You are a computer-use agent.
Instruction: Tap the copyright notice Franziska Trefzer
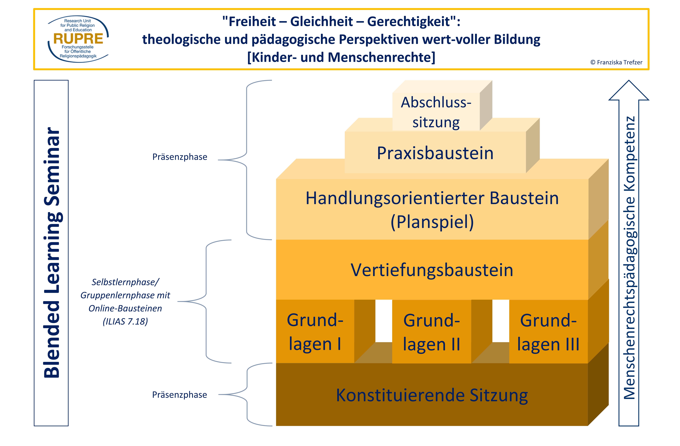point(616,62)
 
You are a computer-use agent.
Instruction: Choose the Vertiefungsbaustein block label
point(432,270)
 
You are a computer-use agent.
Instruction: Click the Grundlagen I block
point(315,331)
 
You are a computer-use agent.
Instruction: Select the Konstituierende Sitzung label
point(432,395)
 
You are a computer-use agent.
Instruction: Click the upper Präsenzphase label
point(180,157)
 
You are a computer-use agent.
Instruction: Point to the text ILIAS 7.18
point(125,321)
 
